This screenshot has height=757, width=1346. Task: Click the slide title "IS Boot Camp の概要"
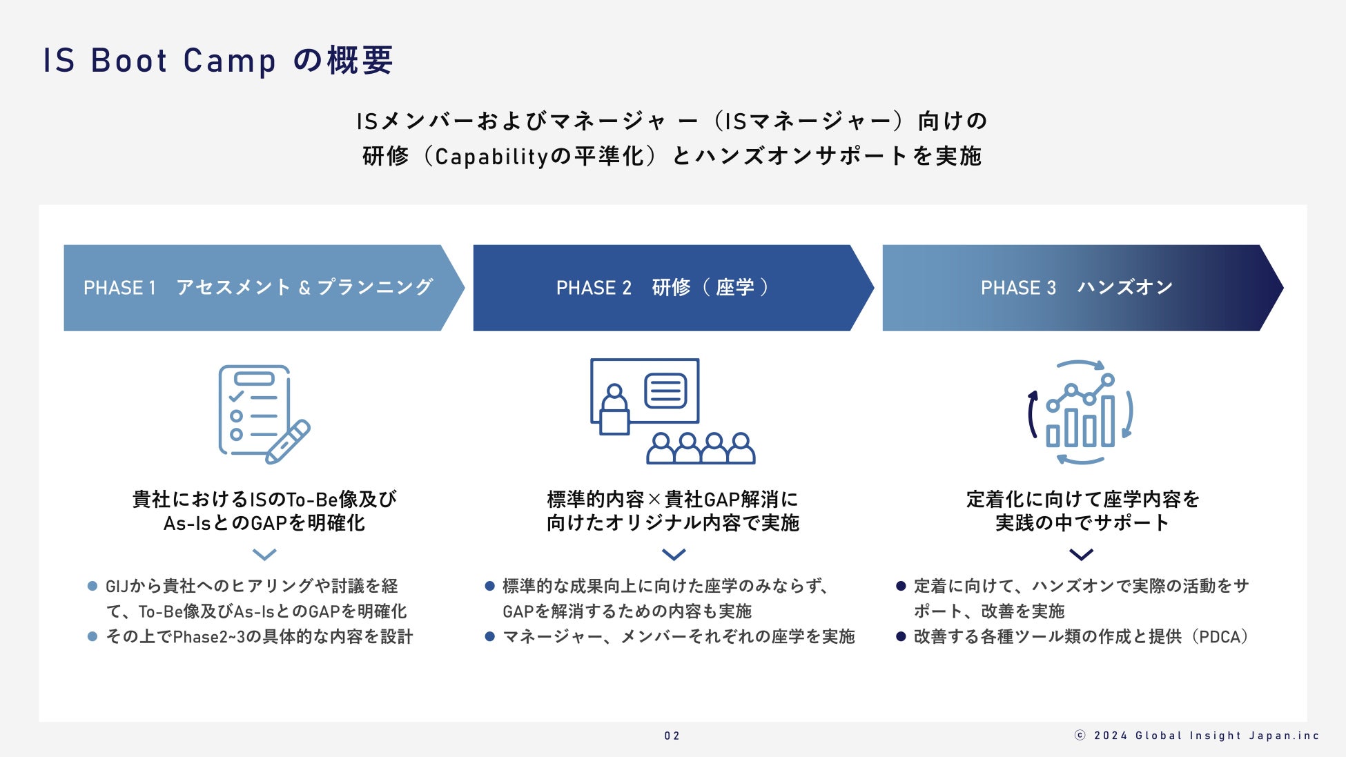[x=218, y=60]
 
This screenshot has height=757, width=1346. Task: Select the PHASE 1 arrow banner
[x=259, y=288]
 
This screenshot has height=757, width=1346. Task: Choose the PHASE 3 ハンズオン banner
[x=1077, y=288]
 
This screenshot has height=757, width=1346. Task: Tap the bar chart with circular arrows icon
[x=1080, y=413]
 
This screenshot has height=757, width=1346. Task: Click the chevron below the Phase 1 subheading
[x=264, y=554]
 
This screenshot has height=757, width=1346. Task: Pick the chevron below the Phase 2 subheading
[x=674, y=554]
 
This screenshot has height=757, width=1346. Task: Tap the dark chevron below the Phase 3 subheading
[x=1081, y=554]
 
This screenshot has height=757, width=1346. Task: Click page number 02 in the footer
[x=672, y=736]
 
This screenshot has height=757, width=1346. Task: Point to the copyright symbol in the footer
[x=1080, y=736]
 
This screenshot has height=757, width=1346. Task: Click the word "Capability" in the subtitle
[x=491, y=157]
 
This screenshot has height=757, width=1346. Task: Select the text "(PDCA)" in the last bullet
[x=1222, y=636]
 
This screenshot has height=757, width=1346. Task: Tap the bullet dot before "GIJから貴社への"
[x=92, y=587]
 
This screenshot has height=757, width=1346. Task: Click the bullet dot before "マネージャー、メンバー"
[x=490, y=636]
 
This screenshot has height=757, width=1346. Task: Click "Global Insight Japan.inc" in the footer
[x=1227, y=736]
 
